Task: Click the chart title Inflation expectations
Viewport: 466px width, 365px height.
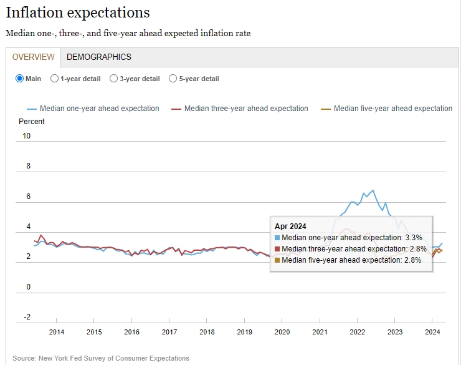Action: [x=78, y=12]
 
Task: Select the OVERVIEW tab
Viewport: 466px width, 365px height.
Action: [x=34, y=57]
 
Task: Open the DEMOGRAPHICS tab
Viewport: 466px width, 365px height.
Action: [x=99, y=57]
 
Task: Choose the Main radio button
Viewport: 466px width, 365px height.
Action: [x=20, y=79]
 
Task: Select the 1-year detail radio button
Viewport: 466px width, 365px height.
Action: [x=55, y=79]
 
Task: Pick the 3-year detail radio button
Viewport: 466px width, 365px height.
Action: [x=113, y=79]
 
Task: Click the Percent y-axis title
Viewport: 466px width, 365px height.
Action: [x=32, y=121]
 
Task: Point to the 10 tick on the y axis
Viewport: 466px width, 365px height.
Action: [x=27, y=136]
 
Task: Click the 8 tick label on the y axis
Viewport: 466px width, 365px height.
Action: [x=28, y=166]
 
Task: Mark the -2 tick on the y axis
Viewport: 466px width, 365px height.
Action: [x=27, y=316]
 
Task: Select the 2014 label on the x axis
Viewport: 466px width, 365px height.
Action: [x=57, y=332]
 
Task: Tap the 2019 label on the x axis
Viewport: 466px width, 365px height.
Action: [x=244, y=332]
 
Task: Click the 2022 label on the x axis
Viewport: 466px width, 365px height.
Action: [x=357, y=332]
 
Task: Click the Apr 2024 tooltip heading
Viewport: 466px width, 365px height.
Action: [x=290, y=226]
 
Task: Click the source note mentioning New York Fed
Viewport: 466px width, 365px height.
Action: [x=100, y=358]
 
